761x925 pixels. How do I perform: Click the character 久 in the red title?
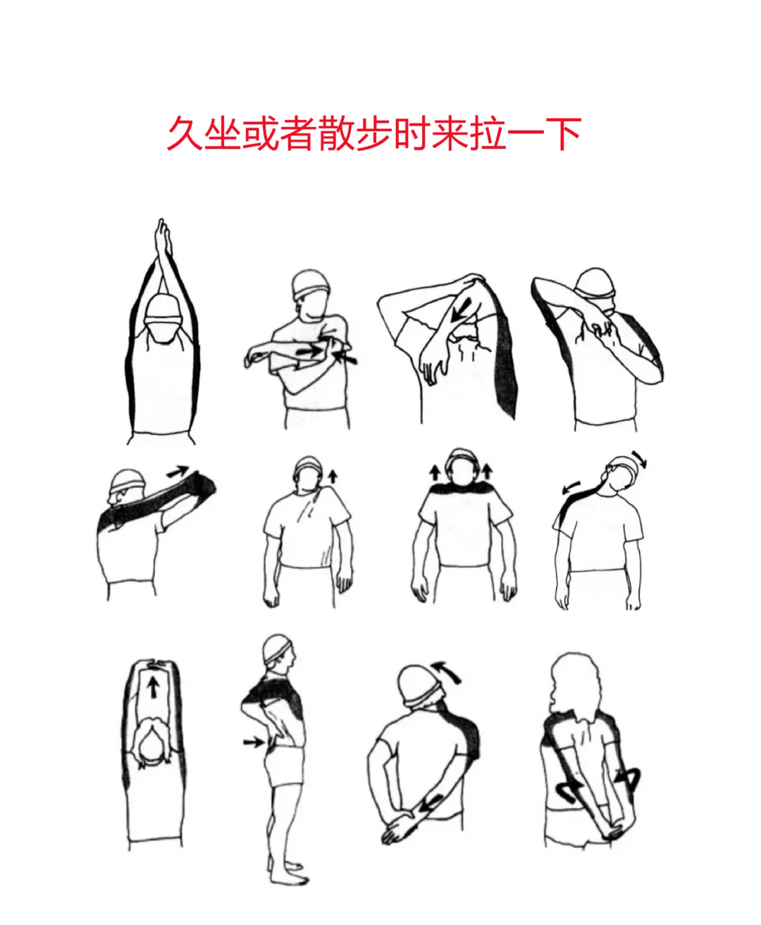[185, 133]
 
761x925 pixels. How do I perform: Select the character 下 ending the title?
[563, 133]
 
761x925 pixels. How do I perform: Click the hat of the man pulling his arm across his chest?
[310, 283]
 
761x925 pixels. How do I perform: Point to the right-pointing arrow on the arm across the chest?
[310, 351]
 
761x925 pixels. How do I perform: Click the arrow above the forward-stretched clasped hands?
[178, 471]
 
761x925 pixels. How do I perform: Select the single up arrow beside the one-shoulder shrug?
[333, 477]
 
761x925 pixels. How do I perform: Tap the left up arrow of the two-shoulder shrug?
[435, 473]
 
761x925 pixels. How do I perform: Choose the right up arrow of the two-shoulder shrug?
[487, 472]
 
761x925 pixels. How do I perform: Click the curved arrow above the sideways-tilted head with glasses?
[639, 459]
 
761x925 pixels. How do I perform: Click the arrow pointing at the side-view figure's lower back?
[254, 742]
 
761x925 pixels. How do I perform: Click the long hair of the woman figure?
[576, 689]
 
